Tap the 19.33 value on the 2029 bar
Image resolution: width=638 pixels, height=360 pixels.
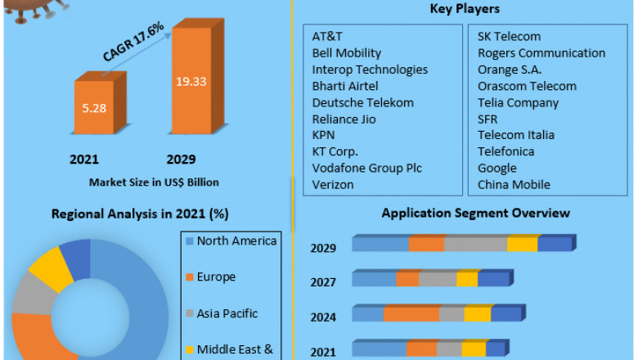pos(191,81)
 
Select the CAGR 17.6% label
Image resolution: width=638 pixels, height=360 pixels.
pos(134,42)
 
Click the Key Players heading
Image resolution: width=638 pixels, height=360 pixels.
pos(464,9)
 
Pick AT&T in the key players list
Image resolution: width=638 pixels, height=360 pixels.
pos(326,37)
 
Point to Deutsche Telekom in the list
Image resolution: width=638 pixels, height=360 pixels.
pos(362,102)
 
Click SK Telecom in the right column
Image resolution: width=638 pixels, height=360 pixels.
pos(509,37)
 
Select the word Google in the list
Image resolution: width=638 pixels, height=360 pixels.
pos(497,168)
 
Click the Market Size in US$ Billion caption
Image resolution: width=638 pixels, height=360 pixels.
pos(154,182)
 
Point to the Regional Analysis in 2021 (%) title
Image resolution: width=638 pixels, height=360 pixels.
pos(140,214)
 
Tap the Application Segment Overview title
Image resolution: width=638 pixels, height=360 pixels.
pos(476,213)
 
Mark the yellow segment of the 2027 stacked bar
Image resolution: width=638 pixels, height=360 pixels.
pos(467,280)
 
